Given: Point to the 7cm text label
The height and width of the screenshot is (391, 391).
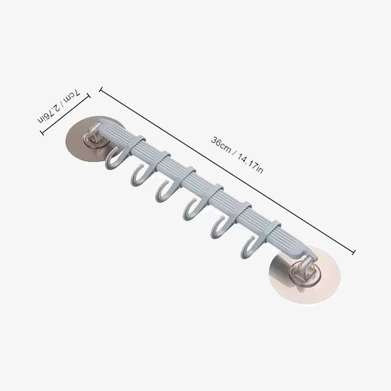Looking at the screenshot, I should [71, 97].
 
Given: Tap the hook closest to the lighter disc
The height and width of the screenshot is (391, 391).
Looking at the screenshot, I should [251, 244].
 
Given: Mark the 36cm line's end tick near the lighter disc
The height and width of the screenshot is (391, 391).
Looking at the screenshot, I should [354, 250].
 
